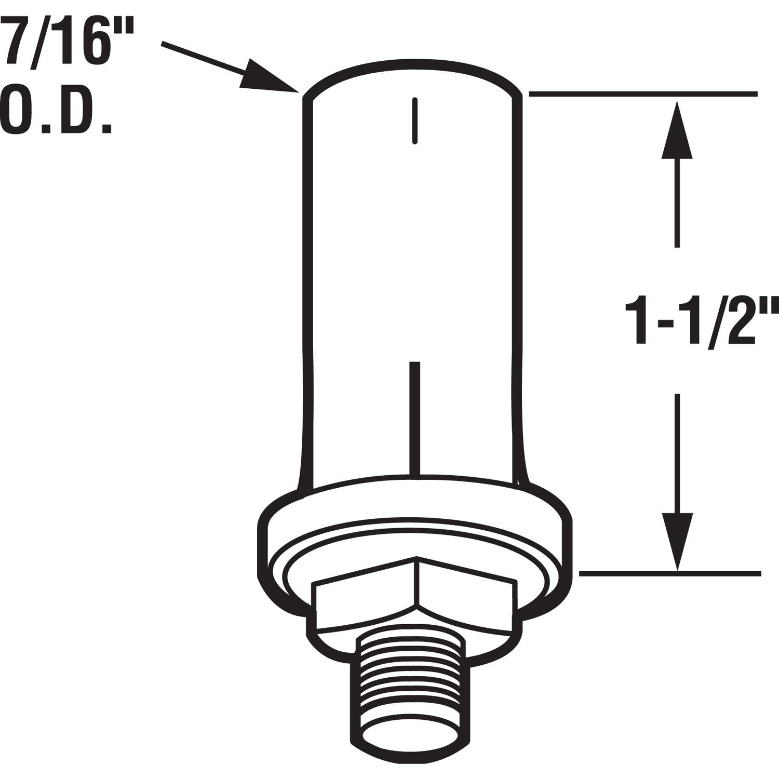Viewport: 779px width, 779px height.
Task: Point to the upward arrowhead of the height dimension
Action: click(677, 130)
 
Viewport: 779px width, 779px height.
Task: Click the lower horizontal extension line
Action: click(670, 574)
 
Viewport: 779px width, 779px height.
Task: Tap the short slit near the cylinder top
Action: click(414, 120)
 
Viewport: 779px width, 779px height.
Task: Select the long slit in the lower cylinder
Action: click(414, 418)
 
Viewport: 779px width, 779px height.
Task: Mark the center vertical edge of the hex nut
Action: click(417, 582)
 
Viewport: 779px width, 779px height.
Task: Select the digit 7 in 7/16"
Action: click(16, 39)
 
